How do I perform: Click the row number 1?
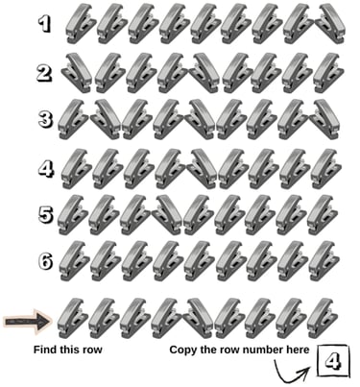click(44, 25)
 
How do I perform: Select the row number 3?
click(45, 120)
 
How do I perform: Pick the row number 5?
click(45, 214)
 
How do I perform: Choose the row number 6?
click(45, 261)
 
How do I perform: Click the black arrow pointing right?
click(28, 321)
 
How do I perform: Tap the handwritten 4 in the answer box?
click(333, 362)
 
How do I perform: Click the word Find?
click(44, 350)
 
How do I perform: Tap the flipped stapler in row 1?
click(330, 23)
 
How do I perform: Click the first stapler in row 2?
click(76, 73)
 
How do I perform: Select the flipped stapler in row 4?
click(203, 169)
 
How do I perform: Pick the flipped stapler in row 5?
click(167, 214)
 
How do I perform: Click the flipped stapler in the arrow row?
click(199, 318)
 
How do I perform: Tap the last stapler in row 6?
click(324, 261)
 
